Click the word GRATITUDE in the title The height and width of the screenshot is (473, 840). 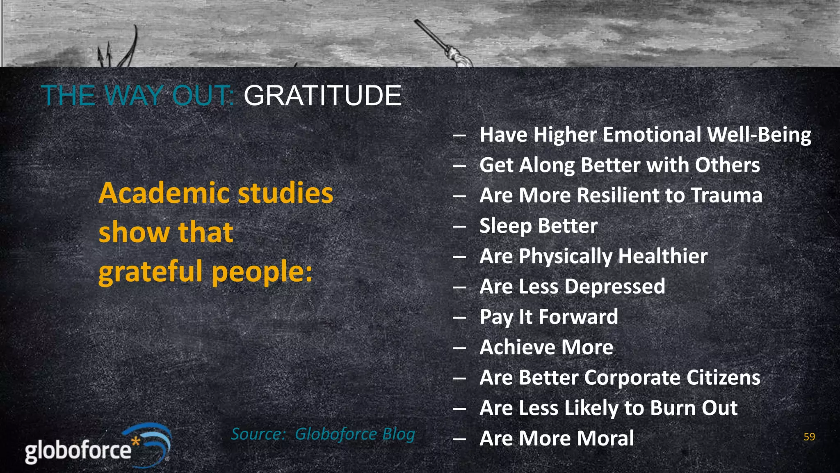[x=322, y=96]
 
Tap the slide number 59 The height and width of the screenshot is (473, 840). [x=809, y=437]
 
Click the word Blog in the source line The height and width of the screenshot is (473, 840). [x=398, y=434]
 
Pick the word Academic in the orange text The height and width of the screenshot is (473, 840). [x=166, y=193]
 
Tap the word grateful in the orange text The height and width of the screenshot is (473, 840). [x=150, y=272]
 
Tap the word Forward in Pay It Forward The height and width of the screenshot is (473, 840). [x=578, y=317]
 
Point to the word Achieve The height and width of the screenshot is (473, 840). [x=517, y=347]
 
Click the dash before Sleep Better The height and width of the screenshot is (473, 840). [x=459, y=226]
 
